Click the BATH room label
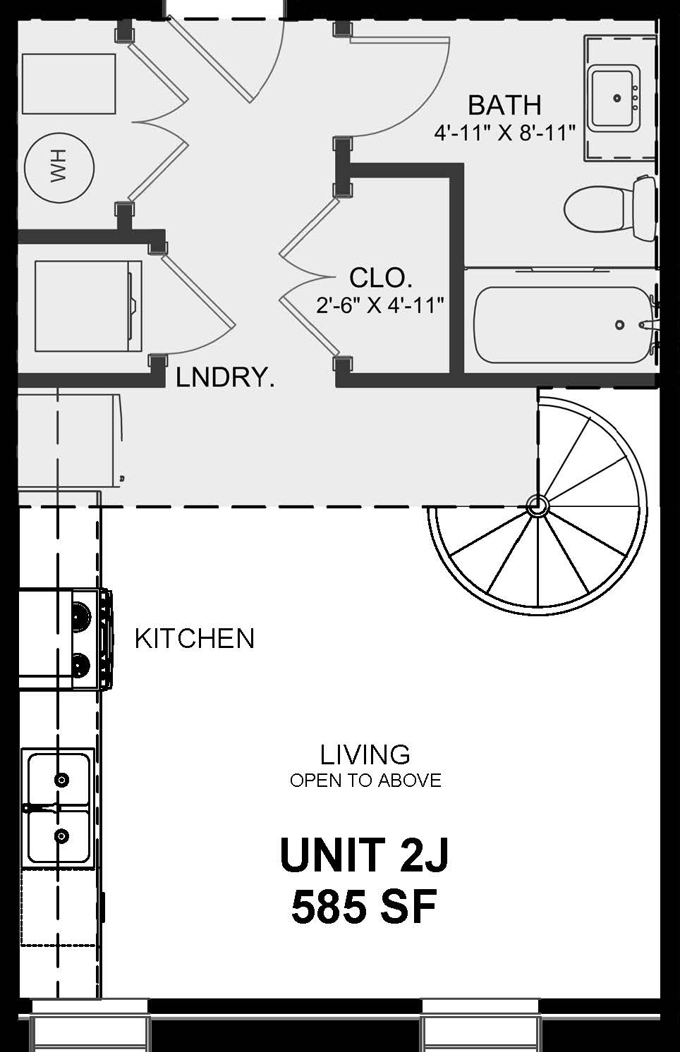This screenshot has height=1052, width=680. pos(505,105)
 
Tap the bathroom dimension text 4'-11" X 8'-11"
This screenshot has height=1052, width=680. pos(505,133)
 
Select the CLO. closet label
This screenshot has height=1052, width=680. pos(381,278)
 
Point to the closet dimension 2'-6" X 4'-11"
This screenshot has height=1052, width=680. pos(380,305)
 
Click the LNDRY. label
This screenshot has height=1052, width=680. pos(225,377)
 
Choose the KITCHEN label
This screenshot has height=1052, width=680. pos(195,638)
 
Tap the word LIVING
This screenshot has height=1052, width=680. pos(365,754)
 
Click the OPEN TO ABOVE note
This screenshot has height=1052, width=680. pos(365,781)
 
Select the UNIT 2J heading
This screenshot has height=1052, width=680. pos(364,854)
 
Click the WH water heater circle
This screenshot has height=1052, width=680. pos(59,168)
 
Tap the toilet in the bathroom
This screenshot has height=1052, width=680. pos(609,207)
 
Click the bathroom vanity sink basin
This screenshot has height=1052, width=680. pos(615,98)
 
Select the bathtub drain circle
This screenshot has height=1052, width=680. pos(620,324)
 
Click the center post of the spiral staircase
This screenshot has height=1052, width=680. pos(537,506)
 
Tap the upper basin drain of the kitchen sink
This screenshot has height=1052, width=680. pos(61,780)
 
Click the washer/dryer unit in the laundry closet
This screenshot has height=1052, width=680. pos(88,306)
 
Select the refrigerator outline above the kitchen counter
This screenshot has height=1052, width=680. pos(70,441)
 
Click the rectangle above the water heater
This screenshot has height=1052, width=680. pos(68,84)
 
